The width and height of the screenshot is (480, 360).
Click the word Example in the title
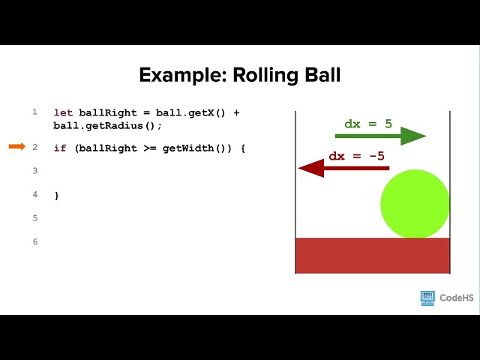183,75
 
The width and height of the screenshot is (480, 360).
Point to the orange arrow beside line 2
17,146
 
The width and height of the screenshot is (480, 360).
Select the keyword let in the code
63,112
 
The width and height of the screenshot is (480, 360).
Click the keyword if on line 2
60,148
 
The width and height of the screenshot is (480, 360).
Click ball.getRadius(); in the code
107,126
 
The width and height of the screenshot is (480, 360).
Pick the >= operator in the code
150,148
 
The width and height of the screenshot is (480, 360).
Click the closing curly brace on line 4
57,196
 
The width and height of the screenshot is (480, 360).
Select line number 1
35,112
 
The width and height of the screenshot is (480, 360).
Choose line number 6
35,241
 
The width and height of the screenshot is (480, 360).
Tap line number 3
35,170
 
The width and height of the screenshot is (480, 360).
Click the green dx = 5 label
368,124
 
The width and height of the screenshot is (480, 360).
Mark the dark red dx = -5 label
357,156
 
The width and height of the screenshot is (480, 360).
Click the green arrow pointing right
380,136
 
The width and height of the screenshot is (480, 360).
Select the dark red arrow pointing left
343,168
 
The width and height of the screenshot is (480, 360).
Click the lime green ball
415,204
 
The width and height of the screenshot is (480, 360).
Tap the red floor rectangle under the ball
373,256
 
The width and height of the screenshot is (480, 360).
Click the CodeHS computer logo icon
427,298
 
